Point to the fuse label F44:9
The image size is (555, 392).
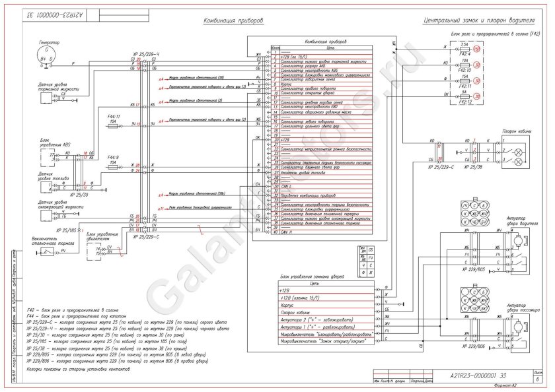tap(114, 156)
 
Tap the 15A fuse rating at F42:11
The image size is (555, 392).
tap(465, 76)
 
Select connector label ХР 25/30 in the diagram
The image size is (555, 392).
tap(67, 195)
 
